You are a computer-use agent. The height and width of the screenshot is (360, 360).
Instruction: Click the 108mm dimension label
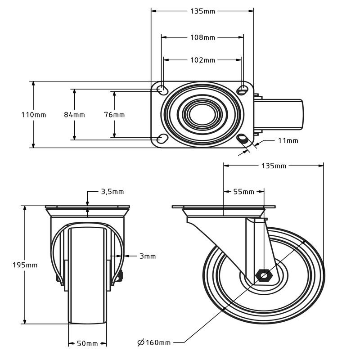point(202,37)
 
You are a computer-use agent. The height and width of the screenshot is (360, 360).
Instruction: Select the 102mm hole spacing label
point(202,60)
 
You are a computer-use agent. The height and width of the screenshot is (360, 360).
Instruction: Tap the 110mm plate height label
point(34,115)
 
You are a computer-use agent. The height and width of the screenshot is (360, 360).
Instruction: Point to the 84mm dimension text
point(74,115)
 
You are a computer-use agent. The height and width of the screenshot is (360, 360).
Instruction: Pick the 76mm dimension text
point(114,115)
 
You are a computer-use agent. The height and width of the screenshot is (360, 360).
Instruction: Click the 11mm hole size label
point(288,140)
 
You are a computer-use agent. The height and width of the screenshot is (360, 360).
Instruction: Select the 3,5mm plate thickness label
point(112,192)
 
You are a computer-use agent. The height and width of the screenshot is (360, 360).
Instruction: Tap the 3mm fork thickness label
point(148,256)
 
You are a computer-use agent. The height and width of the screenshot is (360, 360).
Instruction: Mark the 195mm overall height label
point(25,265)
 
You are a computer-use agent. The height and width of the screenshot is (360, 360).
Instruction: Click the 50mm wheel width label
point(87,343)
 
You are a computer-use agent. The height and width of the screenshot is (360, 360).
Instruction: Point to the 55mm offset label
point(243,192)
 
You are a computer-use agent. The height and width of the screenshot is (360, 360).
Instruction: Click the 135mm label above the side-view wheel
point(274,166)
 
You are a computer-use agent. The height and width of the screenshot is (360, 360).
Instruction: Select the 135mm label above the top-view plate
point(202,11)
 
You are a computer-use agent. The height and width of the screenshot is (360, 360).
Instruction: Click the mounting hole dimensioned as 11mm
point(243,139)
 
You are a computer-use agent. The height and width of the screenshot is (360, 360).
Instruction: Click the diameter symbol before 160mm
point(140,343)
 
